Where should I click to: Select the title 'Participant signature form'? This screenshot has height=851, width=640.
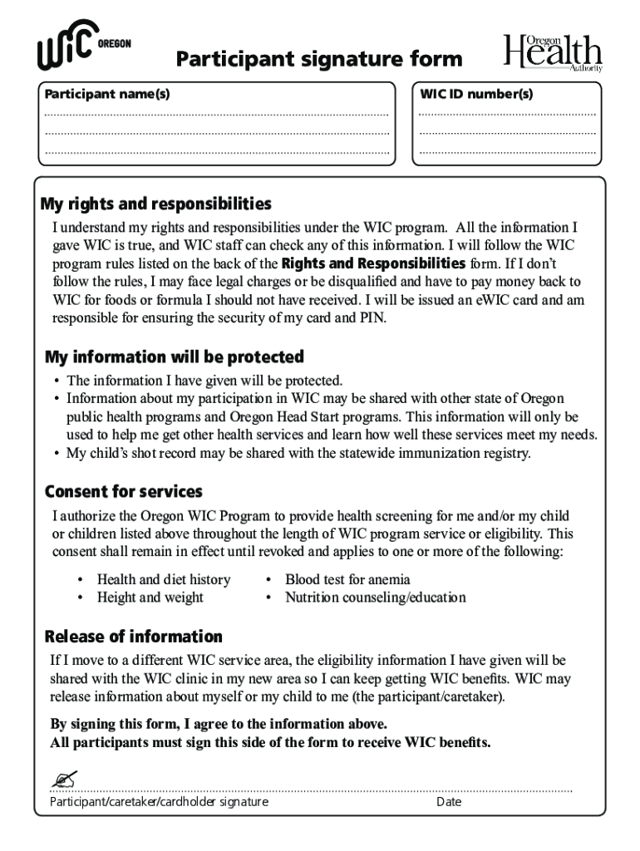click(319, 59)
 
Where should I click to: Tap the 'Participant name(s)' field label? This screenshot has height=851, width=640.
click(107, 94)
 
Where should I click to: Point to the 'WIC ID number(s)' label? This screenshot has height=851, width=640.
click(476, 94)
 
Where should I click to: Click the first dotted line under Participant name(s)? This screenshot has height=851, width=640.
click(216, 115)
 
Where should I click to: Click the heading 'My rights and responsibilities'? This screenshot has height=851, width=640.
click(156, 204)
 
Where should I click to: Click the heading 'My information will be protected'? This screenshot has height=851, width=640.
click(174, 357)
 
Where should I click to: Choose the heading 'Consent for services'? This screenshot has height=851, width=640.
click(123, 492)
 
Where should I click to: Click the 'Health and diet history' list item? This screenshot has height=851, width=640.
click(164, 579)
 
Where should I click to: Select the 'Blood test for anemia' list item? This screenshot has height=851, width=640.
click(347, 579)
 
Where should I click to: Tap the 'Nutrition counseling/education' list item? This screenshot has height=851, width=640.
click(375, 598)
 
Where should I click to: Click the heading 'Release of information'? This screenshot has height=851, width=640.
click(133, 637)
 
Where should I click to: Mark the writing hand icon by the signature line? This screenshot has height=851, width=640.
click(62, 780)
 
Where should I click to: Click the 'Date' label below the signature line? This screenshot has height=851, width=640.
click(449, 802)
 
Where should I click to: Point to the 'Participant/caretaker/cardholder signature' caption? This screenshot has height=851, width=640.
click(159, 802)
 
